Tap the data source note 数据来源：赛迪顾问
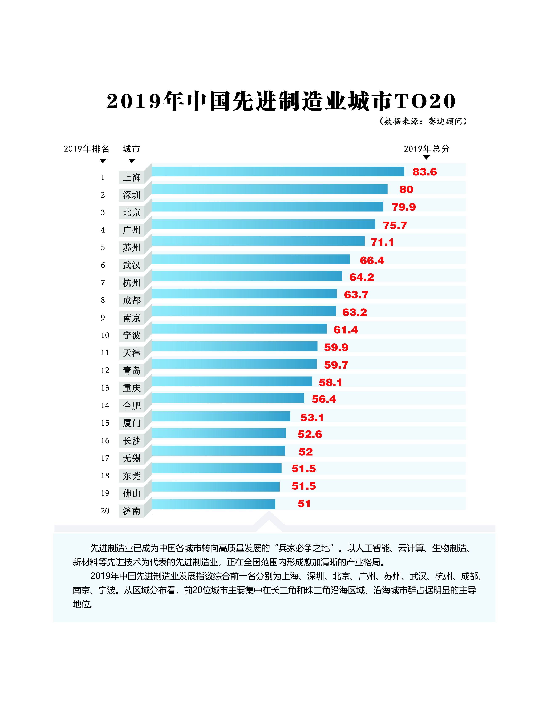click(423, 121)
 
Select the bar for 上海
click(278, 172)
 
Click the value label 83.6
click(424, 172)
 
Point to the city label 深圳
click(132, 195)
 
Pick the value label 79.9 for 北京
click(404, 207)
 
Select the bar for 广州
click(263, 224)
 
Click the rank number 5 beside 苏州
click(103, 247)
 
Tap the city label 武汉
click(132, 265)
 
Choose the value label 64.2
click(361, 277)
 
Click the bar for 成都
click(244, 294)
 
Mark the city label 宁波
click(132, 335)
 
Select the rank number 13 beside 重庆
click(105, 388)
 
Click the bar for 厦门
click(221, 416)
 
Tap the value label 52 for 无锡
click(305, 452)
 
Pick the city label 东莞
click(132, 476)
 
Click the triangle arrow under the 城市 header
click(132, 161)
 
